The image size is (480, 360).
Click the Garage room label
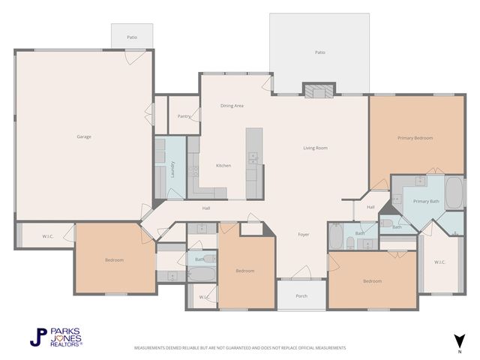click(x=83, y=136)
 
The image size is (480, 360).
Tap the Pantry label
click(x=184, y=116)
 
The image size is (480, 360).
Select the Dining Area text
click(x=232, y=106)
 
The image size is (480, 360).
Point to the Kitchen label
click(x=223, y=166)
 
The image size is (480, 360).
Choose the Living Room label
click(x=315, y=148)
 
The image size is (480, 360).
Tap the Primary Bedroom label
click(x=415, y=138)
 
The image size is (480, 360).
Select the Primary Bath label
click(x=426, y=201)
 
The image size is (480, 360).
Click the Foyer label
click(x=304, y=235)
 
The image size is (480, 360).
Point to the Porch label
click(x=301, y=296)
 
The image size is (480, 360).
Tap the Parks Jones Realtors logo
click(x=56, y=337)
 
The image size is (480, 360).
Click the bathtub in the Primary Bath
click(x=454, y=193)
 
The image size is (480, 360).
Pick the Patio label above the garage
click(x=132, y=36)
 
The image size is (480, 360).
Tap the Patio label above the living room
click(x=320, y=52)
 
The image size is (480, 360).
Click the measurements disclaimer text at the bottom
click(x=240, y=348)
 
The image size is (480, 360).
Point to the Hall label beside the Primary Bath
click(x=370, y=207)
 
